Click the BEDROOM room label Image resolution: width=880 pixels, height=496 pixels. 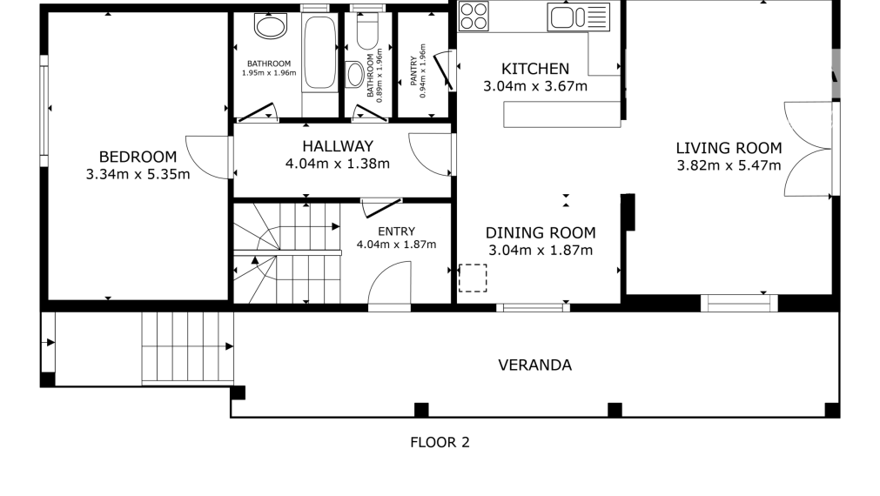click(x=138, y=157)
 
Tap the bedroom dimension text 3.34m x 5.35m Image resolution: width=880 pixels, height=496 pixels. click(x=138, y=174)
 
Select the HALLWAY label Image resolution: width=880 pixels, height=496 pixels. click(x=338, y=146)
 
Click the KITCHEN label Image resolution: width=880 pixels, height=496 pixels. click(x=535, y=69)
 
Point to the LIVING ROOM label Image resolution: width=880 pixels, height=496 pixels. click(x=729, y=148)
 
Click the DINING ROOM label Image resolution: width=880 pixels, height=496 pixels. click(x=541, y=232)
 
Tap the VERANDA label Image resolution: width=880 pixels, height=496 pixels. click(x=534, y=365)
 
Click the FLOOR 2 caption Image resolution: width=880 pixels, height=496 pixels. click(x=440, y=442)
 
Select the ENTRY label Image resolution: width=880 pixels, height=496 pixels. click(x=396, y=231)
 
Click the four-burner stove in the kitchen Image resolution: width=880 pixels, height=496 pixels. click(x=474, y=16)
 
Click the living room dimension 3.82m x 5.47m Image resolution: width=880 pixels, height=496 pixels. click(x=729, y=165)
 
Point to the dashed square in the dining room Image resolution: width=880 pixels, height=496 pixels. click(x=473, y=278)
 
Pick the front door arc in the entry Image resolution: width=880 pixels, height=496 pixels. click(x=389, y=285)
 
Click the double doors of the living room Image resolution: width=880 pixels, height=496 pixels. click(x=808, y=148)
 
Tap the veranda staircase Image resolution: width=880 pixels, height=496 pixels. click(x=187, y=346)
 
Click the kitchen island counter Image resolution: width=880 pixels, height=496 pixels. click(x=561, y=114)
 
